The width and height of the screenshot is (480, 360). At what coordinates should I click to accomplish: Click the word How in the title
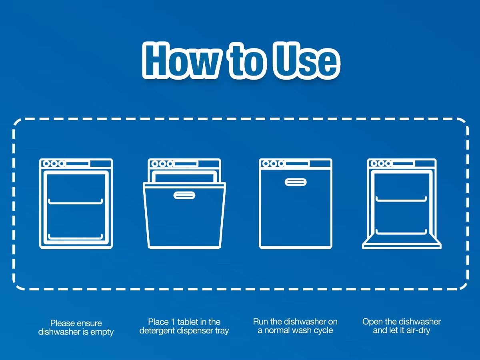coord(181,61)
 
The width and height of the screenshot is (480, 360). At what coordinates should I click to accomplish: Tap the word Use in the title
coord(306,61)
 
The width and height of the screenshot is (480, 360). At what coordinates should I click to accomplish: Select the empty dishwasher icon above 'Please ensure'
coord(76,204)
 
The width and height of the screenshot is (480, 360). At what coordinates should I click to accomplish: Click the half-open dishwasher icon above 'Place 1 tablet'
coord(184,204)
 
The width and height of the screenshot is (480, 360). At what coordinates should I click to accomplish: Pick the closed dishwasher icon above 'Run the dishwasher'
coord(296,204)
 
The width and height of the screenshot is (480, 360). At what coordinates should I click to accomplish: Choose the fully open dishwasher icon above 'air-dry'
coord(402,204)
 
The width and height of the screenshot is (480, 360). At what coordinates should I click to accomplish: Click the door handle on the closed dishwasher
coord(296,182)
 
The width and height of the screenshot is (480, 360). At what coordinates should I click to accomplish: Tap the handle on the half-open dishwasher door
coord(184,195)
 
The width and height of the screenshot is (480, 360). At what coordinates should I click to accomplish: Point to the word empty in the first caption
coord(102,332)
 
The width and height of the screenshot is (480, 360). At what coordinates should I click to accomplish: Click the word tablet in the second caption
coord(188,322)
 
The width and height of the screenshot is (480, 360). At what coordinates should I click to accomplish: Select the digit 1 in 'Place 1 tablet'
coord(173,322)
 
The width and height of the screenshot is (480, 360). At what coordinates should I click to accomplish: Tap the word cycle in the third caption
coord(324,330)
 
